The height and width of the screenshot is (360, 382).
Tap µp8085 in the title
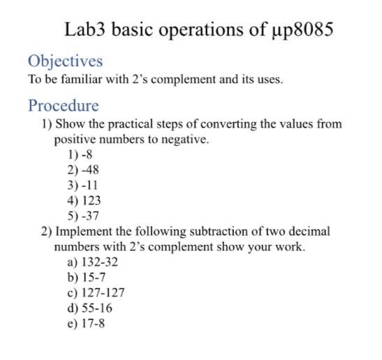tap(301, 30)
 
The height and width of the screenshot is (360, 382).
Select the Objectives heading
tap(65, 61)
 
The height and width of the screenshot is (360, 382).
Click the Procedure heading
tap(63, 106)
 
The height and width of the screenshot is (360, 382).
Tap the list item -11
tap(88, 185)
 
